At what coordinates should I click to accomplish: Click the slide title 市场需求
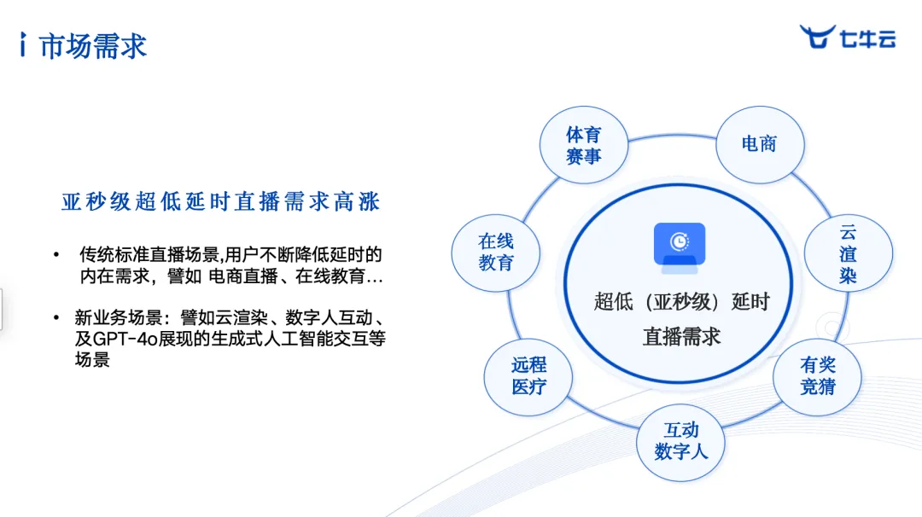[x=93, y=46]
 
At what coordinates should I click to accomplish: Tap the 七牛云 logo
[x=848, y=37]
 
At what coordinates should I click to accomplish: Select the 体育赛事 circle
[x=584, y=145]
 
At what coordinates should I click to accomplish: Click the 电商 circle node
[x=760, y=144]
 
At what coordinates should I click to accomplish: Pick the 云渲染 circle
[x=848, y=253]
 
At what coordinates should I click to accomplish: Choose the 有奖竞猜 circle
[x=817, y=376]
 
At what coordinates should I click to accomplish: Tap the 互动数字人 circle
[x=681, y=442]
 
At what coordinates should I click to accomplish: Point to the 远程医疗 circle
[x=528, y=376]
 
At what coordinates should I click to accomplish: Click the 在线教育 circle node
[x=496, y=253]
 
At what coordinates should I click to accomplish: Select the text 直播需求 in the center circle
[x=681, y=337]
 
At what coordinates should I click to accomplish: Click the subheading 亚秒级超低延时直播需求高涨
[x=221, y=201]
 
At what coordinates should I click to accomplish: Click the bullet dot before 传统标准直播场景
[x=56, y=254]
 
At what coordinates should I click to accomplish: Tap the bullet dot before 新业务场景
[x=56, y=318]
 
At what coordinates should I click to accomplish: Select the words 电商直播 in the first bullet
[x=242, y=276]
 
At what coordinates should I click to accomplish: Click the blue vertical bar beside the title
[x=23, y=44]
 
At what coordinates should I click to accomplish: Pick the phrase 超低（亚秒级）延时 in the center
[x=682, y=302]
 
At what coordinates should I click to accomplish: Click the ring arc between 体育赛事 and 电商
[x=672, y=137]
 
